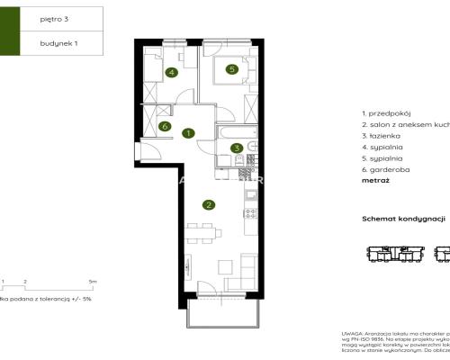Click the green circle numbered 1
tap(188, 134)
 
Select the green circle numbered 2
tap(209, 204)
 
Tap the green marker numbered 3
tap(237, 148)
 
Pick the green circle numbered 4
tap(170, 73)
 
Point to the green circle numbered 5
tap(231, 68)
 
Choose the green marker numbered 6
tap(165, 127)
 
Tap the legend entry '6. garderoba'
tap(384, 168)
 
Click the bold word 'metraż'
tap(374, 180)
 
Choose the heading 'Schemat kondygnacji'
tap(404, 219)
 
